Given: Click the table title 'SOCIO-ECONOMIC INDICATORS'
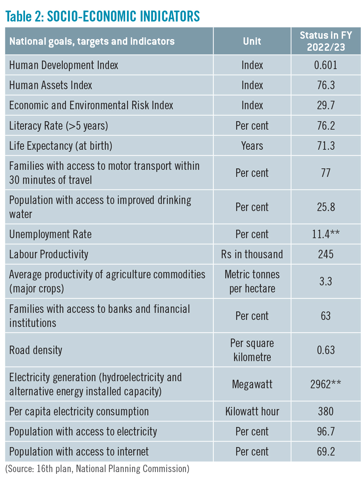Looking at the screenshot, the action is pos(123,16).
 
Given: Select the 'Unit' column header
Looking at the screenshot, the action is pos(252,41).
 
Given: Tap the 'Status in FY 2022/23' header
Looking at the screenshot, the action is pos(326,41).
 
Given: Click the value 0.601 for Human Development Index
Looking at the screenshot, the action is pos(325,65).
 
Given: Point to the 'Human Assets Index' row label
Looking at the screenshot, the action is pos(51,85).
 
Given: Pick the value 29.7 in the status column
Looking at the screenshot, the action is pos(326,105).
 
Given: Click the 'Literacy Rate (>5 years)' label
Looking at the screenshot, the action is pos(59,126).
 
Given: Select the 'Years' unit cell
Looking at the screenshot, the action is pos(252,145).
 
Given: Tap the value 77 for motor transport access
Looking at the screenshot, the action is pos(326,173).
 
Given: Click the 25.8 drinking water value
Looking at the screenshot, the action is pos(326,207).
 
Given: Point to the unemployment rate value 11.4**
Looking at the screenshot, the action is pos(326,234).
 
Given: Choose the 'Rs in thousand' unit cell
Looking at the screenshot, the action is pos(252,254).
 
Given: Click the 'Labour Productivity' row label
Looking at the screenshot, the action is pos(49,254).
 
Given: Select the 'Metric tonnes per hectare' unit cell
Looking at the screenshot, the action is pos(252,281).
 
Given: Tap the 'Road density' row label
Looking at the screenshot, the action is pos(36,350).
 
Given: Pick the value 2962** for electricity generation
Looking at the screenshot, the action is pos(326,384).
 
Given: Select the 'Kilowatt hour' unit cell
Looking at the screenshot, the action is pos(252,411).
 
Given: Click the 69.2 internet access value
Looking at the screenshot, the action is pos(326,452).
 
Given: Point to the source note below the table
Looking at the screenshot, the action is pos(97,469).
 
